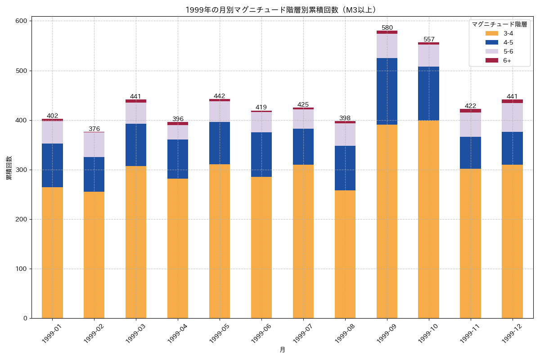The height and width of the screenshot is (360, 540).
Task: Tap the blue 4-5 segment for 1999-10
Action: point(428,93)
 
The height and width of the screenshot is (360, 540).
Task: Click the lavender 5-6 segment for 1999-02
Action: point(94,144)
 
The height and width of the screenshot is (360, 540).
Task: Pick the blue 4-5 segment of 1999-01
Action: point(52,165)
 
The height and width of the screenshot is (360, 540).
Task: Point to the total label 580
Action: point(387,27)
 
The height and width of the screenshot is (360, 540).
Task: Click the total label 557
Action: point(428,39)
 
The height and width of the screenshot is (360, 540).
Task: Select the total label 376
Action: point(94,129)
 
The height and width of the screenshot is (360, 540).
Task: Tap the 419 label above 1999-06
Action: point(261,107)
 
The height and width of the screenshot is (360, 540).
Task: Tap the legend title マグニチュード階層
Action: point(499,24)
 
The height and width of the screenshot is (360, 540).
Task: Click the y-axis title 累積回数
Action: point(9,168)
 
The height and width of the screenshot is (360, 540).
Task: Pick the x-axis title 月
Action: point(282,350)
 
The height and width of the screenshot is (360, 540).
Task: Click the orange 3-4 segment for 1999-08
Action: point(345,254)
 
